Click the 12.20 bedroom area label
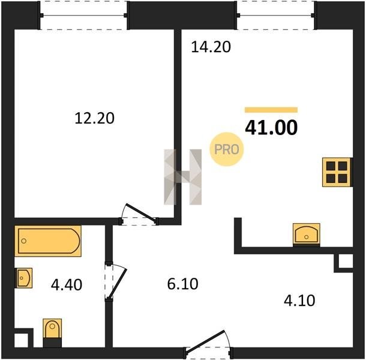[x=95, y=118]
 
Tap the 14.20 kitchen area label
[x=211, y=47]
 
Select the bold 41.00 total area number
[x=271, y=127]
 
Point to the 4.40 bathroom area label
[x=67, y=285]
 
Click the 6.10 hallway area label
[x=183, y=284]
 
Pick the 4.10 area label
[x=299, y=301]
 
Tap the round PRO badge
[x=227, y=149]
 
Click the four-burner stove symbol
[x=337, y=172]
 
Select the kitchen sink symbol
[x=307, y=235]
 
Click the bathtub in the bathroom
[x=48, y=241]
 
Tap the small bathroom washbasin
[x=23, y=278]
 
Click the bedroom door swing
[x=139, y=214]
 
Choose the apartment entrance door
[x=208, y=344]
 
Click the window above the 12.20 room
[x=84, y=16]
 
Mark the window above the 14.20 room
[x=276, y=16]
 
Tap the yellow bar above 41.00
[x=271, y=110]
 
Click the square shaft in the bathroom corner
[x=22, y=340]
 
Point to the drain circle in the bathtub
[x=23, y=241]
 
